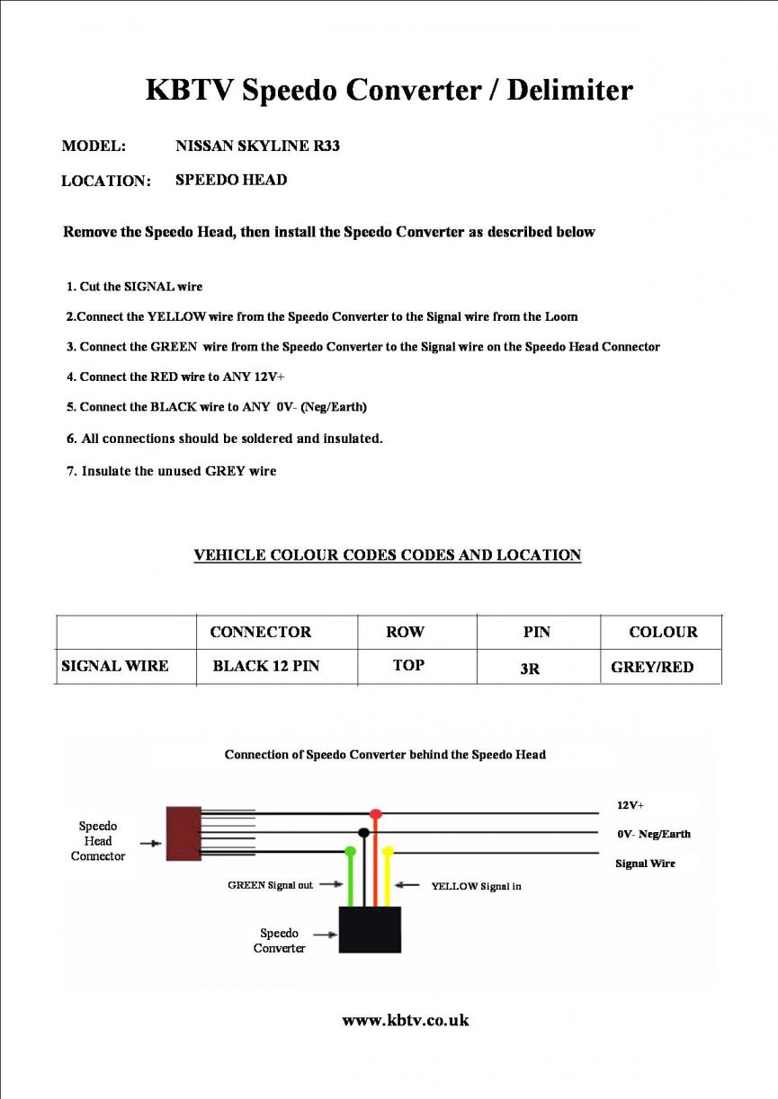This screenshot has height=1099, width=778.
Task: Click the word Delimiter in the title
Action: pos(569,91)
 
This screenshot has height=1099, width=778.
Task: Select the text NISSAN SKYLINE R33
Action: pos(257,146)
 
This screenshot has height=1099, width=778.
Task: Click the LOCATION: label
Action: pos(105,181)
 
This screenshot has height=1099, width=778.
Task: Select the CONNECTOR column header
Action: pos(260,633)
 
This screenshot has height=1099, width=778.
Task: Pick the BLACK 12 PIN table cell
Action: pos(265,667)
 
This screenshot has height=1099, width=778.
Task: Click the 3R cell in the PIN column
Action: pos(531,669)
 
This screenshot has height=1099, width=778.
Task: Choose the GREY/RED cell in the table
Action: pos(652,668)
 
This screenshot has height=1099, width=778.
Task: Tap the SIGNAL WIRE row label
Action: pos(114,667)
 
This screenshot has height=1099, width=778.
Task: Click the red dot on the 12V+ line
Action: pos(376,814)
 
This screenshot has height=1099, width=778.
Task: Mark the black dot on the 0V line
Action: pos(363,833)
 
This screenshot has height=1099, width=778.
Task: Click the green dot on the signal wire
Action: pos(351,850)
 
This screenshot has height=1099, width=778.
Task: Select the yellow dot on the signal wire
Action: pos(389,850)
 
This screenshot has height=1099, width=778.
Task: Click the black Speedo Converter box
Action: pos(370,929)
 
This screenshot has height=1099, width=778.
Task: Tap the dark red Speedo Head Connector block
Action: pos(183,834)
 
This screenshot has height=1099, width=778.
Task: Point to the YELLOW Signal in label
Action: pos(476,886)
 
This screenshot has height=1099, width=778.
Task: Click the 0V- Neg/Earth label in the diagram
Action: pos(654,834)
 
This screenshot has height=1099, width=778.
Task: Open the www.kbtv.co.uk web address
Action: pos(406,1020)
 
